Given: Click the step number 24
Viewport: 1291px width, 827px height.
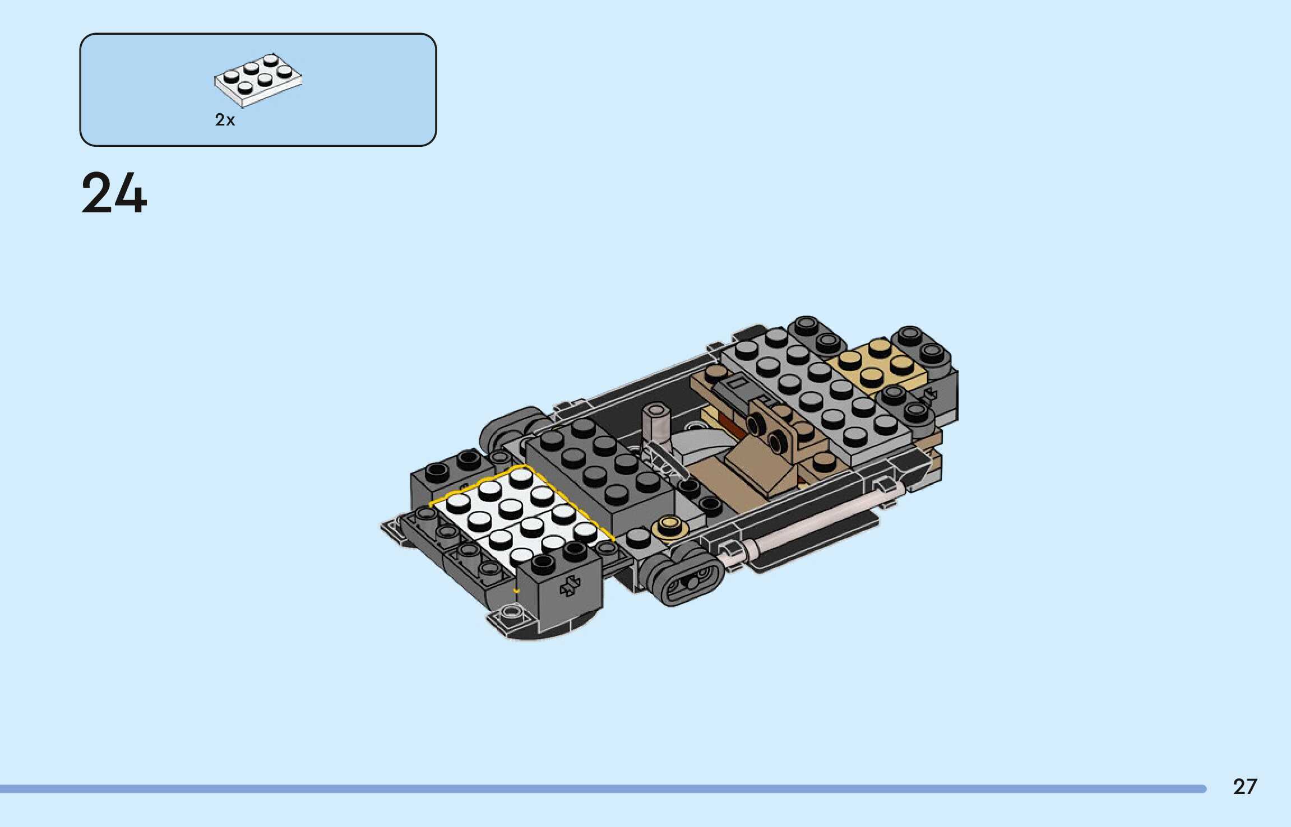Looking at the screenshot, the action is click(114, 193).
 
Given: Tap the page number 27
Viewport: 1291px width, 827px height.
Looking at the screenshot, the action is click(1245, 787).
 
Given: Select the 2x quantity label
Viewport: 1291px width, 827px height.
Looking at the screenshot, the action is click(225, 120).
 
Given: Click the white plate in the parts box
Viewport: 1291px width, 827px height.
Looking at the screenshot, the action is click(258, 80).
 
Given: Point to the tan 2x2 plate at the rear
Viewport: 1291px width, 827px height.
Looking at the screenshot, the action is click(877, 364).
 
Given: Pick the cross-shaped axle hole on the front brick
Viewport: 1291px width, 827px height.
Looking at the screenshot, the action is click(570, 586).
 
